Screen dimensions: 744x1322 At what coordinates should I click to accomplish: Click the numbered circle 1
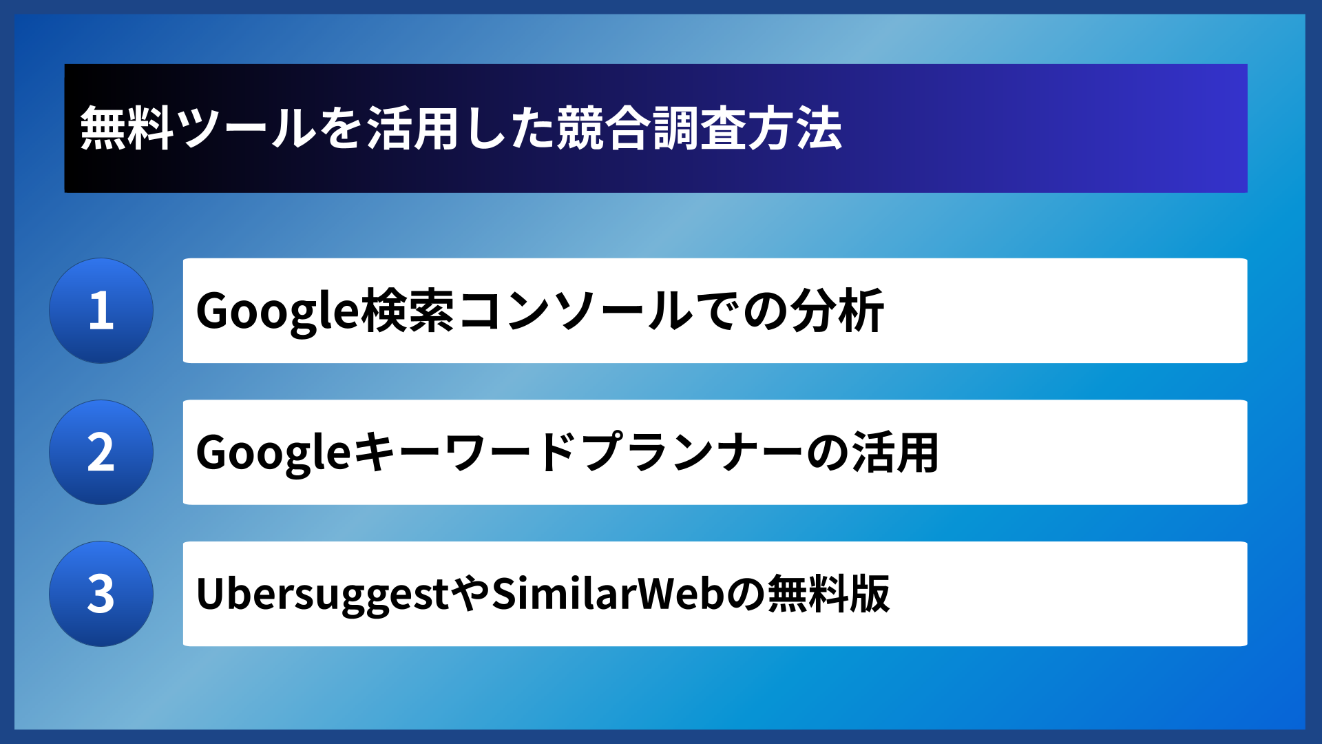tap(101, 311)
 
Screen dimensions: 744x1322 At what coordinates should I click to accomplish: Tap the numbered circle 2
tap(101, 453)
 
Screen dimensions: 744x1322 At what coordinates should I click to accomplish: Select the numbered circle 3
tap(101, 594)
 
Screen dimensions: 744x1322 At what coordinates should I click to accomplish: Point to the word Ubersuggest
tap(322, 595)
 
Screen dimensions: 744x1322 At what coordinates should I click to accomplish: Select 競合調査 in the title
tap(651, 129)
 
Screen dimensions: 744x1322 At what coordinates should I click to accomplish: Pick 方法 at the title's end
tap(795, 129)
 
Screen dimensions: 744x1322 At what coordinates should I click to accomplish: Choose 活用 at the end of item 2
tap(895, 453)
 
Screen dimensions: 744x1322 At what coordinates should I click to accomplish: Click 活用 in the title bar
tap(413, 129)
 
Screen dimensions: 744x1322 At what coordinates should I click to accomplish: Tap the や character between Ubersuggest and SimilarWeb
tap(471, 595)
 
